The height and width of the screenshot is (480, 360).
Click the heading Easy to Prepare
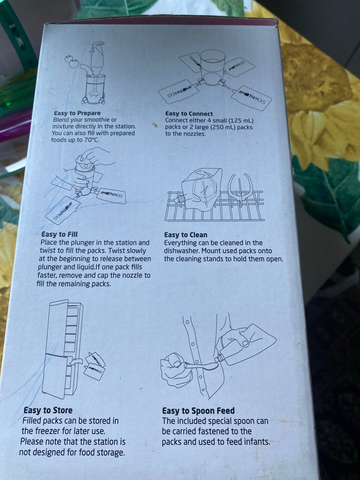point(77,113)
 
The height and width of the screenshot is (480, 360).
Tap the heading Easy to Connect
point(189,114)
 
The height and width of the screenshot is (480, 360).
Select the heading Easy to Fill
point(60,234)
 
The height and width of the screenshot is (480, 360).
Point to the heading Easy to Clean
point(186,235)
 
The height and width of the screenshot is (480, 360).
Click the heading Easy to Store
point(48,410)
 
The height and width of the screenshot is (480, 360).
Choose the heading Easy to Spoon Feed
point(198,411)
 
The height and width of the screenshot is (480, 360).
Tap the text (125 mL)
point(241,120)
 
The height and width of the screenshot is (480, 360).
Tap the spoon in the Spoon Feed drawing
point(201,365)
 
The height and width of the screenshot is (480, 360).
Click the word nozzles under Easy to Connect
point(195,134)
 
